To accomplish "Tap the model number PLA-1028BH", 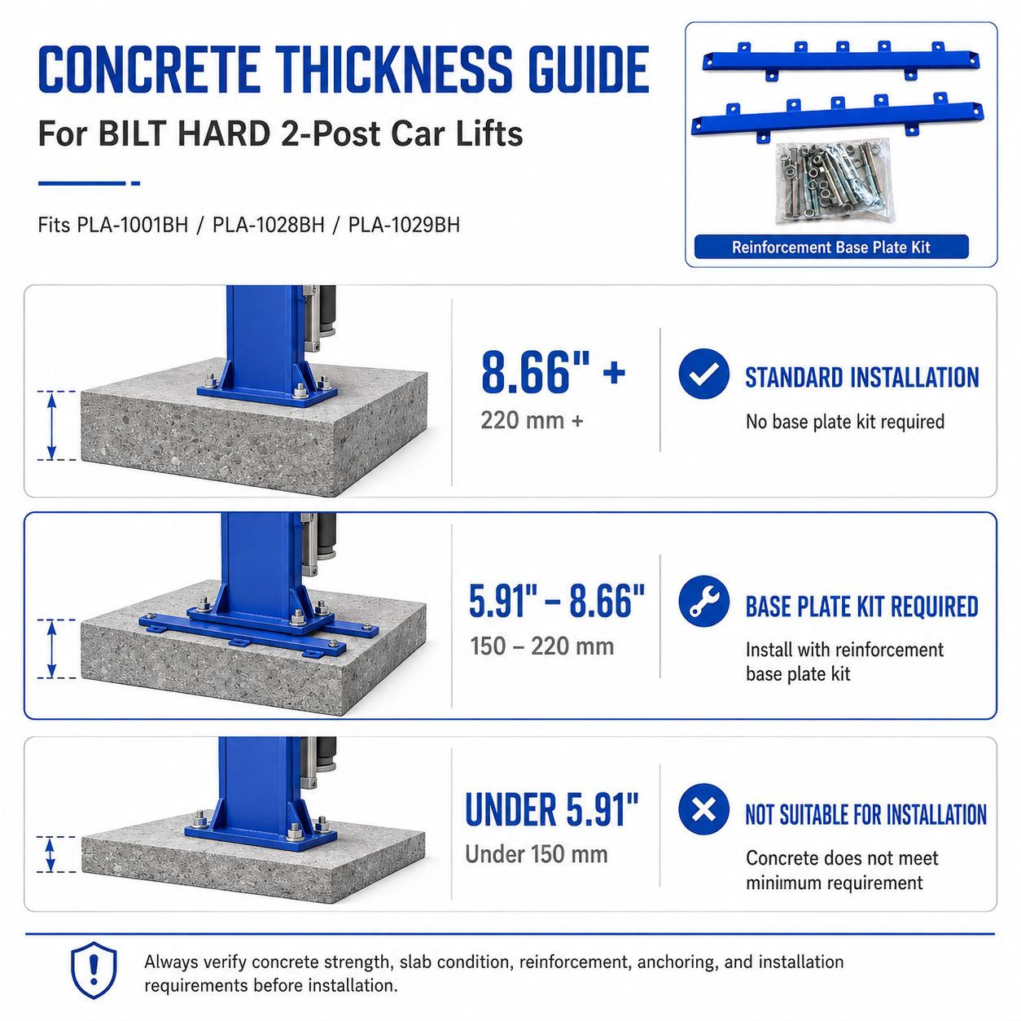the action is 268,226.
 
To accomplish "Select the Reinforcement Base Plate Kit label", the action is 830,247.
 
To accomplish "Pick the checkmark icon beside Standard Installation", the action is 703,374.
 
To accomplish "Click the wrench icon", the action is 703,601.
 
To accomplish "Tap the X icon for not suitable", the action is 703,809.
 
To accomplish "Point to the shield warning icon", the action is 94,970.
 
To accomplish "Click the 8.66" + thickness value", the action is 553,372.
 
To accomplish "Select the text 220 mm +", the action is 532,421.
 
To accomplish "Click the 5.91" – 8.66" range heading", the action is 557,602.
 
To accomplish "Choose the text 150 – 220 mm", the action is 542,646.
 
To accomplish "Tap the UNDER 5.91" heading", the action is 551,809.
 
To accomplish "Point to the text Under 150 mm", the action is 537,854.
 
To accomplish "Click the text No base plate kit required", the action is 845,422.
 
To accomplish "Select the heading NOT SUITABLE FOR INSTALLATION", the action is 865,815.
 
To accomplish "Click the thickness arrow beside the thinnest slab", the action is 50,854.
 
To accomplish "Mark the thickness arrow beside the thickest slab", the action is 51,426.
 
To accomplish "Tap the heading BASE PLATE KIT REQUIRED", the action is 861,607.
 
